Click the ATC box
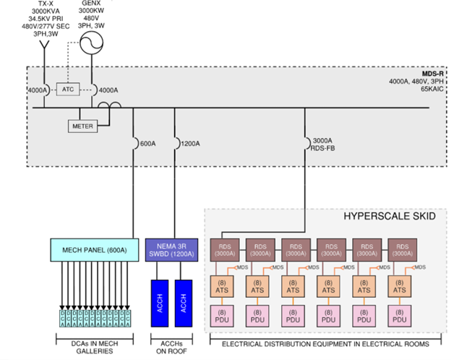(68, 90)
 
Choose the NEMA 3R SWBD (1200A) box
(171, 250)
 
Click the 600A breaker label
(147, 143)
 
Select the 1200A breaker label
(190, 143)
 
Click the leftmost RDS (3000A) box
(225, 250)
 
